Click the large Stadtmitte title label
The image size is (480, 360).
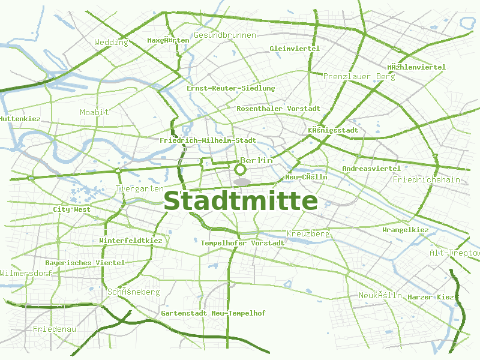241,200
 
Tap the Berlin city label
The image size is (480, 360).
257,161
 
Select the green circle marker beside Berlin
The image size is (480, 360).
241,169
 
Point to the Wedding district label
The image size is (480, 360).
111,43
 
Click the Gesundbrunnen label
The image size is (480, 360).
225,35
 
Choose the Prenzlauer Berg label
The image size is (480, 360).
359,77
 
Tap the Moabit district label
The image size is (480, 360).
95,113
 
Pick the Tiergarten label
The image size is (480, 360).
139,188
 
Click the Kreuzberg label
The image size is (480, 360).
308,233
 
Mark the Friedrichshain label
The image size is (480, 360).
426,179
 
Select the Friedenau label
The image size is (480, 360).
55,329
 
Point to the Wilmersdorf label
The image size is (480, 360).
26,273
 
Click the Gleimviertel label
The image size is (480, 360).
295,49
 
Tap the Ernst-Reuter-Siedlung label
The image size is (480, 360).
231,88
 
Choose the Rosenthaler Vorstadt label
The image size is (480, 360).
278,109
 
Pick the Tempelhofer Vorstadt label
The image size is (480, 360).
242,243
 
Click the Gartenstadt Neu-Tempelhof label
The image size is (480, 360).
213,313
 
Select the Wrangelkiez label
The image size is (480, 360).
406,230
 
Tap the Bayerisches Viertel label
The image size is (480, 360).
85,263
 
